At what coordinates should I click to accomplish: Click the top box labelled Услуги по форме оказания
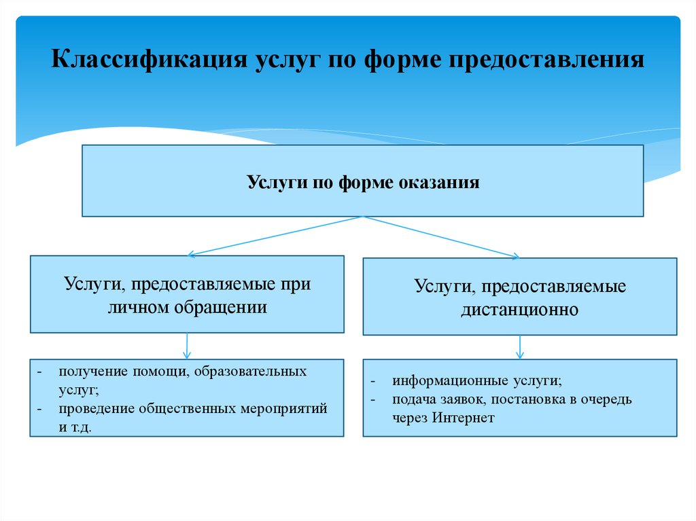pyautogui.click(x=362, y=181)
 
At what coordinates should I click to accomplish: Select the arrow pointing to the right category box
pyautogui.click(x=442, y=236)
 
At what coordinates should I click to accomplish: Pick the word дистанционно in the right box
pyautogui.click(x=520, y=310)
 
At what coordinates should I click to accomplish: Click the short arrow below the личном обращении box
pyautogui.click(x=187, y=346)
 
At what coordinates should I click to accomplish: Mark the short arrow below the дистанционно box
pyautogui.click(x=520, y=347)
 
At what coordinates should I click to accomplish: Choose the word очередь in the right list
pyautogui.click(x=608, y=399)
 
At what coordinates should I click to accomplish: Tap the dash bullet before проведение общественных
pyautogui.click(x=41, y=409)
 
